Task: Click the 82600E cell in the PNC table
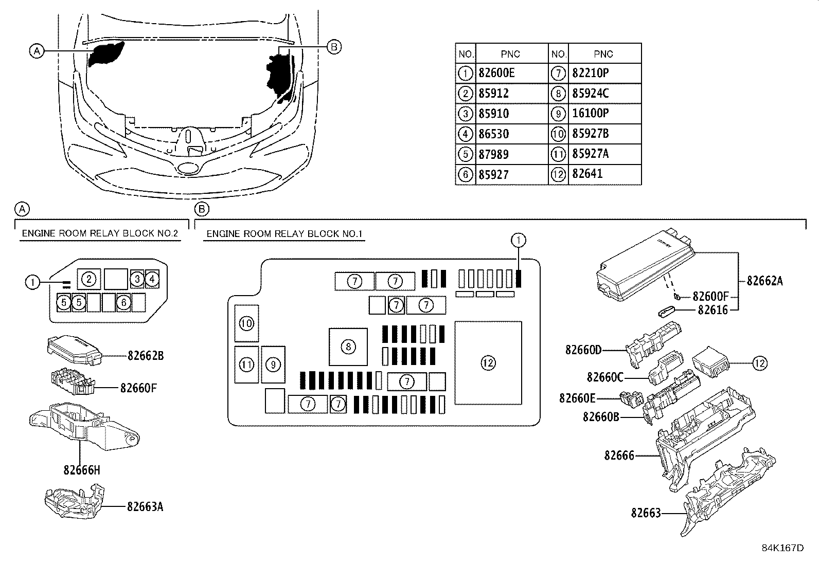point(496,73)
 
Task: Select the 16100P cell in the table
point(590,113)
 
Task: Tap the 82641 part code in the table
point(587,174)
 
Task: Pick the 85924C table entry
point(590,94)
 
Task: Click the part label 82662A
point(764,281)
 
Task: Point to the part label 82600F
point(711,296)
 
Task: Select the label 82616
point(713,310)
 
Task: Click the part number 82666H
point(81,470)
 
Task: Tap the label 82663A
point(145,506)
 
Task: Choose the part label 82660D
point(583,350)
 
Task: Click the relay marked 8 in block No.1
point(348,347)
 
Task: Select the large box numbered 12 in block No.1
point(488,363)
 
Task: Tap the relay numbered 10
point(246,323)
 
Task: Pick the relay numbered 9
point(273,364)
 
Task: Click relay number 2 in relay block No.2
point(88,279)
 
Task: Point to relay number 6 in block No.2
point(123,302)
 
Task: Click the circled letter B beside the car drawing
point(334,47)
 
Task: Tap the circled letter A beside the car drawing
point(37,51)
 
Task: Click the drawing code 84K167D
point(783,548)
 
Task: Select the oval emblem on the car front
point(189,169)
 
